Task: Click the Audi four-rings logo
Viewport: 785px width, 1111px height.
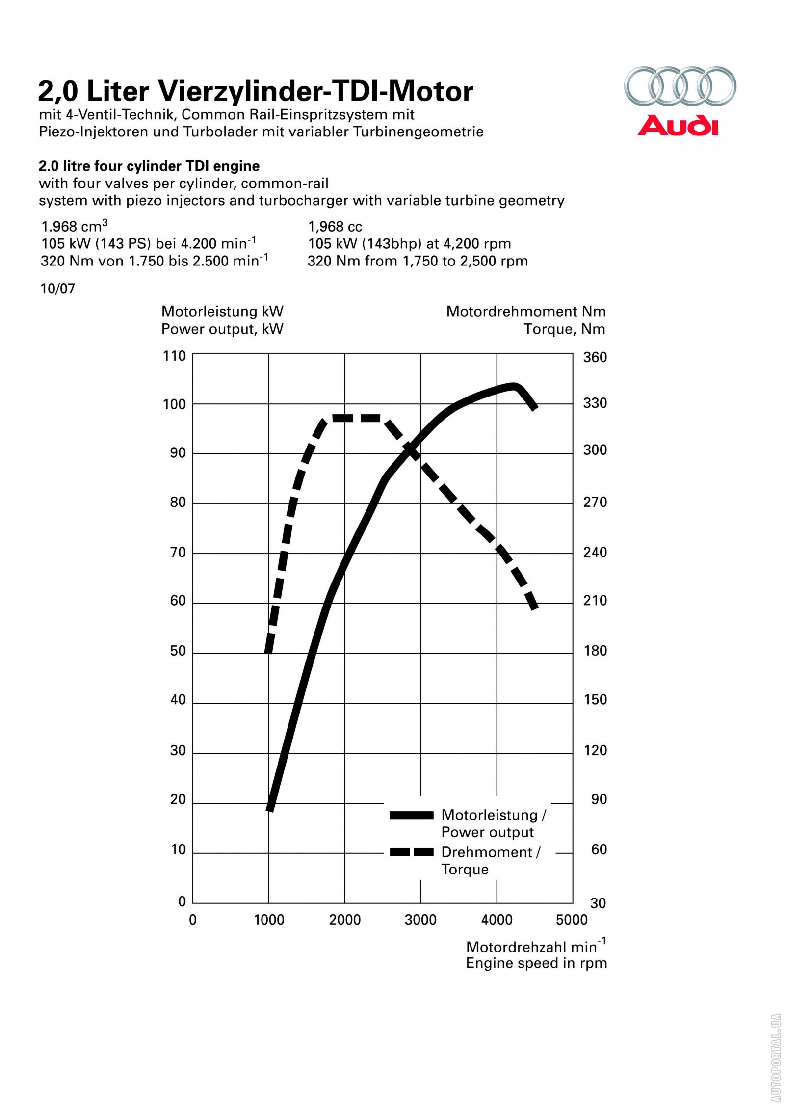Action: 680,85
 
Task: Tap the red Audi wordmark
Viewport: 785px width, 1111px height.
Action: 678,126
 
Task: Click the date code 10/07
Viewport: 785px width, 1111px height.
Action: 58,289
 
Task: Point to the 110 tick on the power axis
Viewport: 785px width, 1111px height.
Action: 174,356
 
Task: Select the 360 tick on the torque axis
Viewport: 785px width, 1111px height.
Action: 595,357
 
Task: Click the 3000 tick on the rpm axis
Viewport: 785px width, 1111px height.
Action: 420,920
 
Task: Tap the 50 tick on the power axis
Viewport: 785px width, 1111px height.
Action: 178,651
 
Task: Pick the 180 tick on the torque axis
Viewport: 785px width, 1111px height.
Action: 595,651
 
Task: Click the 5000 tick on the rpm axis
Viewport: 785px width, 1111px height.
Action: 572,920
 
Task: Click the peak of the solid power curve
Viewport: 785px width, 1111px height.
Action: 513,387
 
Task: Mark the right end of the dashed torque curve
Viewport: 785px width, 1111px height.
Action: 535,608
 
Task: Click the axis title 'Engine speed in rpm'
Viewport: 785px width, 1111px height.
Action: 536,963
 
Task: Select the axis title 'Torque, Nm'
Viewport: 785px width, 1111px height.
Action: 564,329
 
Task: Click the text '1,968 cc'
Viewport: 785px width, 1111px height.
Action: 335,227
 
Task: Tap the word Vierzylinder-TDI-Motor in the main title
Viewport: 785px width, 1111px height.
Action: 315,91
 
